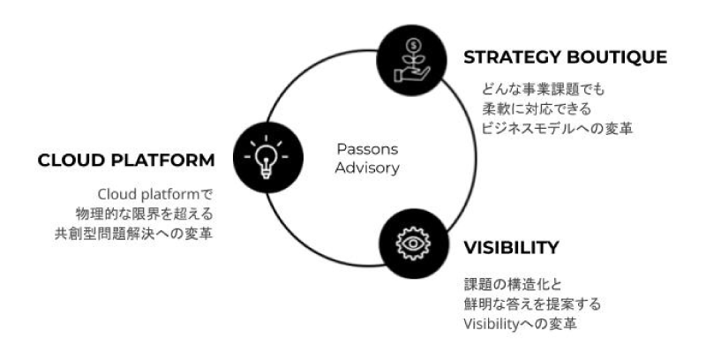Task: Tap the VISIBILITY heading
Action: (511, 247)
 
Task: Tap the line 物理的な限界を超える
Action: (146, 214)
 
